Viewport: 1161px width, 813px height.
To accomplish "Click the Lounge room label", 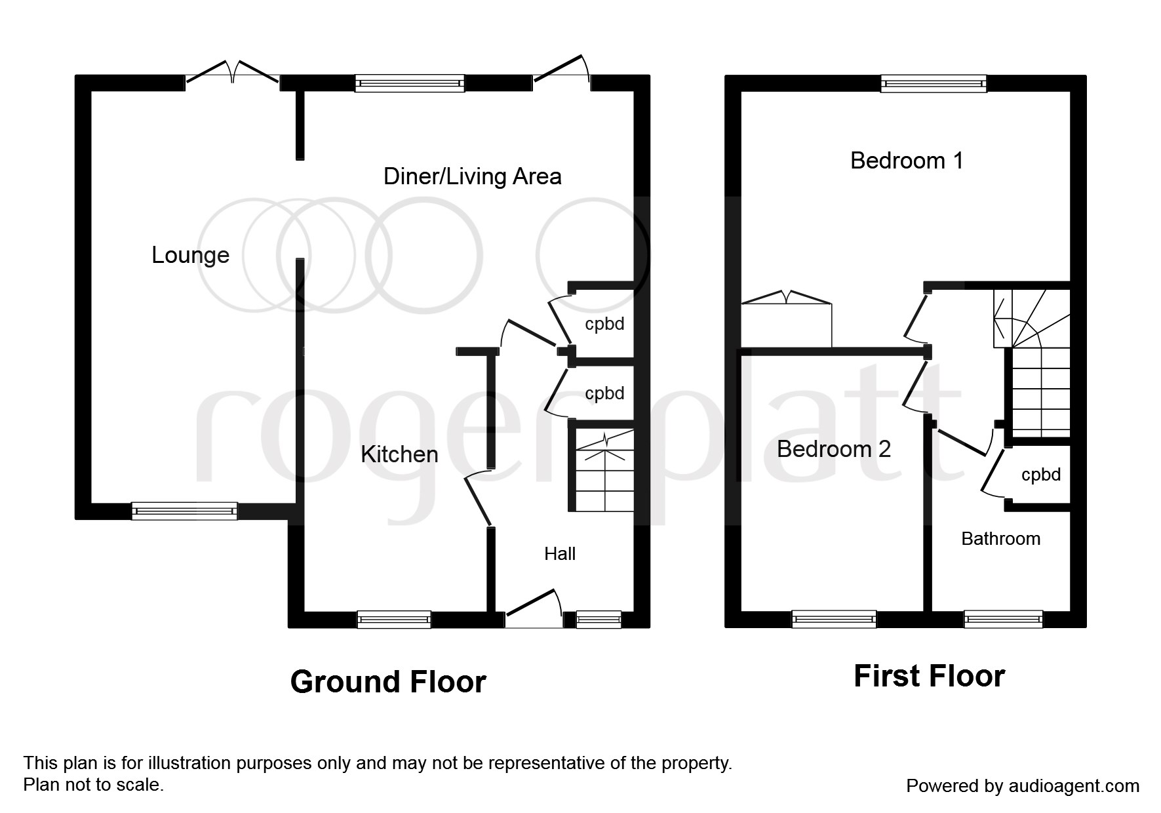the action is pos(190,255).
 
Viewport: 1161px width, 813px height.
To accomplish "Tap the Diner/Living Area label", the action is pos(472,176).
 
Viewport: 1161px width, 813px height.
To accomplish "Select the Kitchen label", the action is pos(399,454).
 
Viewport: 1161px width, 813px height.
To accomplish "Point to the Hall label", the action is pos(560,554).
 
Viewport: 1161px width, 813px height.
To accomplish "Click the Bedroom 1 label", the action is pos(907,161).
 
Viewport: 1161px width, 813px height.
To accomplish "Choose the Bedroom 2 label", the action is pos(834,449).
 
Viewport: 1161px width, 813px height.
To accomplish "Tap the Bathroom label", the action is pos(1001,539).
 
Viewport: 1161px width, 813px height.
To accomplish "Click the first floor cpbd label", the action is pos(1041,475).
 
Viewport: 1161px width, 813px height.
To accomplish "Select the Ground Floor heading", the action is pos(388,682).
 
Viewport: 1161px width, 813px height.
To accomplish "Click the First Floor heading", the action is pos(929,676).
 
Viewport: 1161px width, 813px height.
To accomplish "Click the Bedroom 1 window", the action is pos(934,83).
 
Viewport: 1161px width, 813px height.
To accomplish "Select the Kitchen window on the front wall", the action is pos(394,619).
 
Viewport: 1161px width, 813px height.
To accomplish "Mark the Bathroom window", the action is pos(1004,619).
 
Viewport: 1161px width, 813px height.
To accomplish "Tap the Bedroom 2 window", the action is pos(834,619).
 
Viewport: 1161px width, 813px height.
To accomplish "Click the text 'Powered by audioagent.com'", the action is pos(1023,785).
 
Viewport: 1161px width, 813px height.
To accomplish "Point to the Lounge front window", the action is pos(184,511).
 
